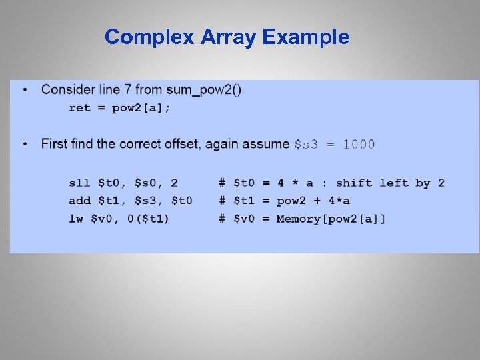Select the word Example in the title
[305, 37]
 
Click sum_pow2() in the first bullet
[207, 89]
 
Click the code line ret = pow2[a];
[119, 108]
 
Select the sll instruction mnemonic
[80, 183]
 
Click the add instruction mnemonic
[80, 201]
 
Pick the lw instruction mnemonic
[76, 219]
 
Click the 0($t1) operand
[148, 219]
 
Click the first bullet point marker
[25, 89]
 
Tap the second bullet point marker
[25, 144]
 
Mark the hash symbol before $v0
[222, 219]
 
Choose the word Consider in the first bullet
[65, 89]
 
